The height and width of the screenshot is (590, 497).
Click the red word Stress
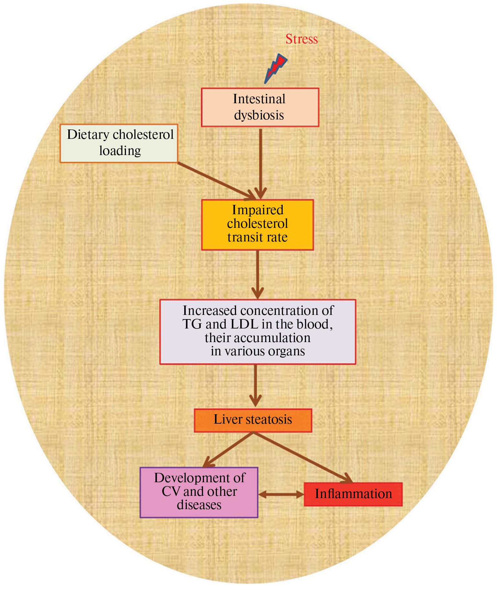pos(301,39)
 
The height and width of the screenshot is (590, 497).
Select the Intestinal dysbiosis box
pos(260,107)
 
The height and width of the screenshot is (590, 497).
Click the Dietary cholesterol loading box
pos(119,143)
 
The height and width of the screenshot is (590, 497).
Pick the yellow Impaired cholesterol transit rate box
pos(257,225)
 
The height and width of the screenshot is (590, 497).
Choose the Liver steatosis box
pos(253,420)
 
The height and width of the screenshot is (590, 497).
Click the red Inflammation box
pos(353,494)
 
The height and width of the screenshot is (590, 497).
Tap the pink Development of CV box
pos(199,492)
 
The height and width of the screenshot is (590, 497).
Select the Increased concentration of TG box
pos(258,331)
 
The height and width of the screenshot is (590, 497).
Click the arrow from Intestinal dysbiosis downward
pos(261,162)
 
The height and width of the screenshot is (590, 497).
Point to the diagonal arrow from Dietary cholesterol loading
pos(215,180)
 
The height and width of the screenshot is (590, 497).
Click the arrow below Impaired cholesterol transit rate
pos(258,273)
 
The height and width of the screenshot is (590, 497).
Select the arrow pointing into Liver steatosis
pos(255,385)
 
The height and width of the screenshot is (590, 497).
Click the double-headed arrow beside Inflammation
pos(281,494)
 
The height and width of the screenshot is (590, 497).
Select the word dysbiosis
pos(259,115)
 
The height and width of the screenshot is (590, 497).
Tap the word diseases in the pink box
pos(199,505)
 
